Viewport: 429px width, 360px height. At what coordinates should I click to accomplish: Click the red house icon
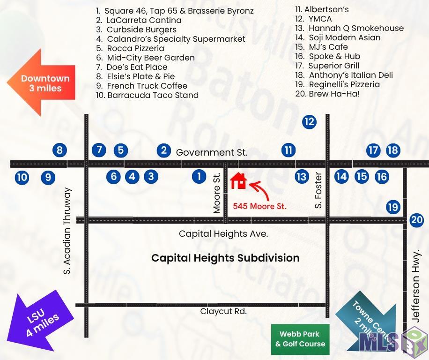pos(238,181)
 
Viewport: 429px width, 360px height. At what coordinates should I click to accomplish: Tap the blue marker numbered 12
pos(309,121)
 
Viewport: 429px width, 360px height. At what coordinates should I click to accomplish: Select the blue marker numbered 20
pos(417,220)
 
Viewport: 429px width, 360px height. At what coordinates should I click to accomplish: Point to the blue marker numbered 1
pos(199,176)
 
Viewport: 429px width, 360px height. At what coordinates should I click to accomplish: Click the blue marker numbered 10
pos(22,177)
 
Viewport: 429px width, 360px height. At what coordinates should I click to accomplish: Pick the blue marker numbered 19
pos(393,207)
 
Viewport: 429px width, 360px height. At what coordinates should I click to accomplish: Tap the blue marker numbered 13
pos(302,177)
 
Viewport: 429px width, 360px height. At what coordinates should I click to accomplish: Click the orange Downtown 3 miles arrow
pos(41,82)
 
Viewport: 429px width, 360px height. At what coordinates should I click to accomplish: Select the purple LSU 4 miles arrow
pos(40,321)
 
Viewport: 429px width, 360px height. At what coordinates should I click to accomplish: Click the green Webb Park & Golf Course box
pos(300,339)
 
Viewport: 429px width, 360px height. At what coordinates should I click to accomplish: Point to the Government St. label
pos(212,152)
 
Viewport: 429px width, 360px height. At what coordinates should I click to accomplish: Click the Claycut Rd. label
pos(223,311)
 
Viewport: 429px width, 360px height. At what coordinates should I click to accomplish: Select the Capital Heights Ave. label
pos(223,234)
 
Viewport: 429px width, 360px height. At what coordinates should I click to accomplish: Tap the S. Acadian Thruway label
pos(67,231)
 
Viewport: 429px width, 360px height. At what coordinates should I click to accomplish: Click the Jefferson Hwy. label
pos(415,286)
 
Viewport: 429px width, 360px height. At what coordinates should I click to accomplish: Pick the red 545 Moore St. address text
pos(259,206)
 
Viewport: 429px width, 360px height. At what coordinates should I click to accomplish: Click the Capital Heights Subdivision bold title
pos(225,258)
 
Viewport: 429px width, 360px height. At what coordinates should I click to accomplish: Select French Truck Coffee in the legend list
pos(147,86)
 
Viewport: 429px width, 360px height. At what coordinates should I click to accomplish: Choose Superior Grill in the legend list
pos(334,66)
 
